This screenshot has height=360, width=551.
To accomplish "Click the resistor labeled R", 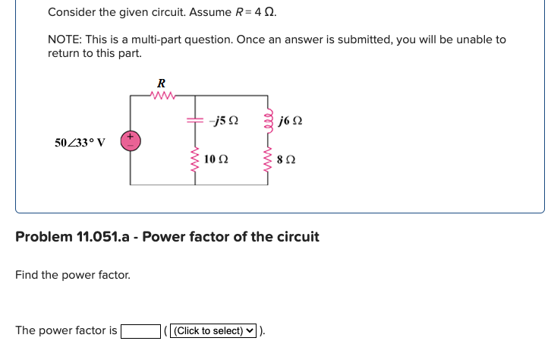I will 162,96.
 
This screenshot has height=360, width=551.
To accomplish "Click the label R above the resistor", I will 161,82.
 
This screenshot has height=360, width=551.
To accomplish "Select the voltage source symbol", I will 130,141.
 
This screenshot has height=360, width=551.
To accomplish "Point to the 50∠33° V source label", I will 80,142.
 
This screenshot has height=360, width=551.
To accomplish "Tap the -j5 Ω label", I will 227,121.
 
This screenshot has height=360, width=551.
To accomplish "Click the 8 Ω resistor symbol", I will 266,160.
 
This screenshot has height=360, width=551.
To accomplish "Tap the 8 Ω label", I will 287,161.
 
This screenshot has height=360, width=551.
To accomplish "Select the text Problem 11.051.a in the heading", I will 74,236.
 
